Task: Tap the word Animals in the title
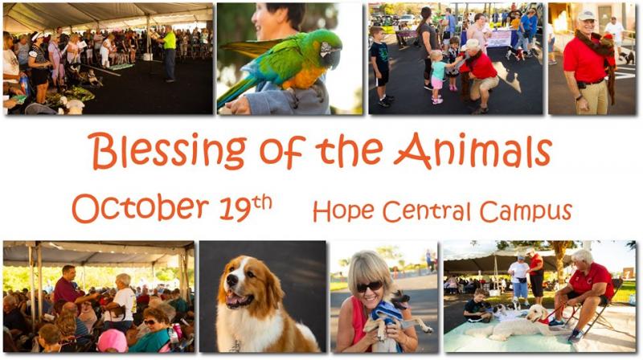coord(473,150)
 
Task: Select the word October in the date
coord(141,207)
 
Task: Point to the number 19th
coord(246,207)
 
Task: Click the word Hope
coord(344,211)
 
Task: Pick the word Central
coord(427,211)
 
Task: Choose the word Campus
coord(526,211)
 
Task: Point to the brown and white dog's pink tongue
coord(234,301)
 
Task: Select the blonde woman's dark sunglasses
coord(369,286)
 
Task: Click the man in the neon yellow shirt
coord(169,53)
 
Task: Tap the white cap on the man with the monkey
coord(587,15)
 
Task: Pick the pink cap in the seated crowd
coord(113,341)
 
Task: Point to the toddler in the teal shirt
coord(437,77)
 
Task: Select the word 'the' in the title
coord(349,149)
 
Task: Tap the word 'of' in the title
coord(283,152)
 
